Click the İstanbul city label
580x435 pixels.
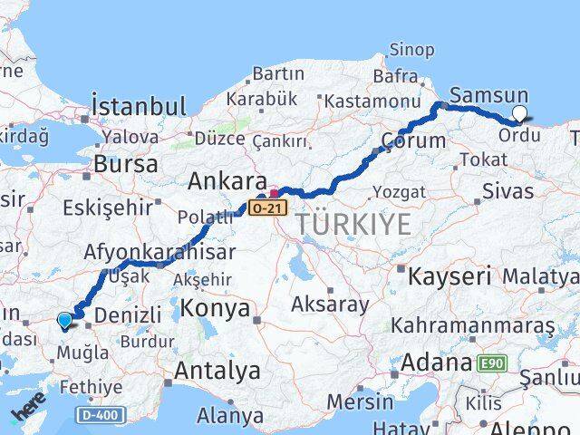point(140,106)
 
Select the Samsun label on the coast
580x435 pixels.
point(488,94)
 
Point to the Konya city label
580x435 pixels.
point(215,309)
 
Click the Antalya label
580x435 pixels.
point(217,370)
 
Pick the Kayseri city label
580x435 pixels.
point(449,275)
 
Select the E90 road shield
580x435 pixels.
point(493,363)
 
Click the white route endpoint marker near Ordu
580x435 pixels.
point(519,113)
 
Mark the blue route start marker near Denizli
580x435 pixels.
point(63,319)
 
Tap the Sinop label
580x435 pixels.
point(411,50)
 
